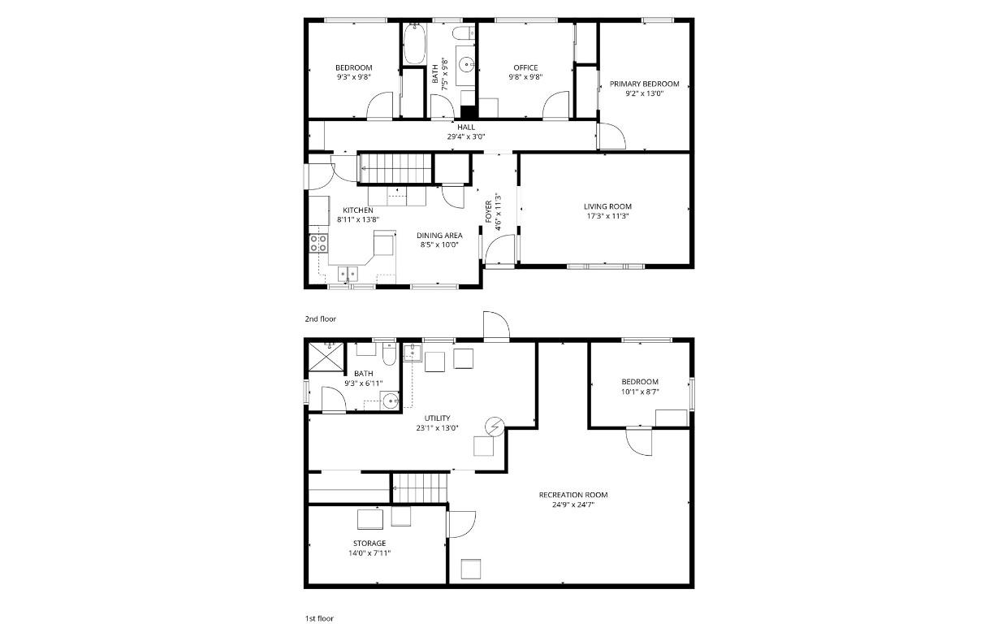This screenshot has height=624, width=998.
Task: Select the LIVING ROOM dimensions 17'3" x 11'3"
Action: click(x=607, y=216)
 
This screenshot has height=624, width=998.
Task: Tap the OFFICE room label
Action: click(x=525, y=67)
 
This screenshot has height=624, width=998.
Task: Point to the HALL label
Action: click(x=466, y=127)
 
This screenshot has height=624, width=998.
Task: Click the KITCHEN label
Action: click(x=357, y=210)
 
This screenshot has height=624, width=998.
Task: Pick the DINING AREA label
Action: click(x=441, y=236)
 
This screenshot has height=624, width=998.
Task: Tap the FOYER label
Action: click(x=489, y=211)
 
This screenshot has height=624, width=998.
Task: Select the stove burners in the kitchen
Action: click(x=318, y=242)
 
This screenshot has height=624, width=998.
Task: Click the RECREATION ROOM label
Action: click(x=572, y=495)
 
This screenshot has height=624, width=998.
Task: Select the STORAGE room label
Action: click(x=369, y=543)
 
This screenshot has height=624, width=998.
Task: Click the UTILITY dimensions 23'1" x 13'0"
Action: click(x=437, y=428)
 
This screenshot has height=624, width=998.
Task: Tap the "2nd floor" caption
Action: click(x=320, y=319)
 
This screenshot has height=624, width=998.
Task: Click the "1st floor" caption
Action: click(x=319, y=618)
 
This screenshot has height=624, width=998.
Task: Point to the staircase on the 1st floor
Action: click(x=421, y=488)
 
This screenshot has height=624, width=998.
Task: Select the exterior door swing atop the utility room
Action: click(x=495, y=326)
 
